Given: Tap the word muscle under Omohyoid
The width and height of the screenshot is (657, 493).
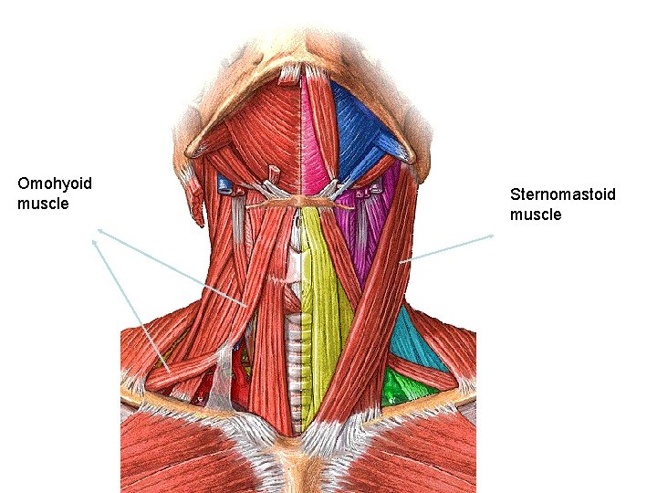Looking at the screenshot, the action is coord(43,204).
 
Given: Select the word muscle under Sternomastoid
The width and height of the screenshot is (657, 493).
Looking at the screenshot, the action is coord(536,215).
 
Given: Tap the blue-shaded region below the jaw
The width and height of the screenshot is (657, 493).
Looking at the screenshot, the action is coord(360,128).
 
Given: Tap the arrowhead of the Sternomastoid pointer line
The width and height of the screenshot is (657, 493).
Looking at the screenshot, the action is coord(493,236).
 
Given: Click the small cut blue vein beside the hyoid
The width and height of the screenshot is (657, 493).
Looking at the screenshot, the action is coord(224,186).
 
